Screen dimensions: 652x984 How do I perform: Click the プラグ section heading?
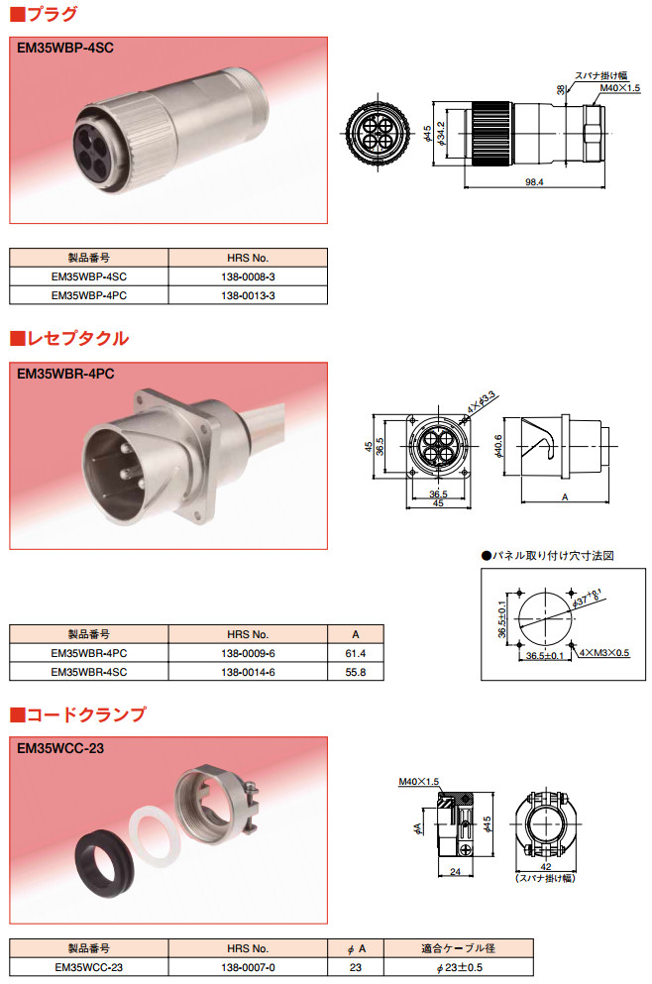[x=44, y=14]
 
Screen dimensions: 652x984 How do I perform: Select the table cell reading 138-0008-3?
[x=248, y=276]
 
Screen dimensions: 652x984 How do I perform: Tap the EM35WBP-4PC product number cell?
[x=89, y=295]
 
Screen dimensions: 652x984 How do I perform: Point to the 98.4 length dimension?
[x=534, y=182]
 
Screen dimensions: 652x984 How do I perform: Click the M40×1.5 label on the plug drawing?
[x=620, y=88]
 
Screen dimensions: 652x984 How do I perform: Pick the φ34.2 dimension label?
[x=441, y=134]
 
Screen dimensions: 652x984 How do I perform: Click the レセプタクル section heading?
[x=69, y=339]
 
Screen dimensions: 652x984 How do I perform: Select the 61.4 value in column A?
[x=355, y=653]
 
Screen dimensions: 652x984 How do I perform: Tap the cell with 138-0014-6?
[x=248, y=672]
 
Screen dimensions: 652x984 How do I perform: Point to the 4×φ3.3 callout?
[x=482, y=401]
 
